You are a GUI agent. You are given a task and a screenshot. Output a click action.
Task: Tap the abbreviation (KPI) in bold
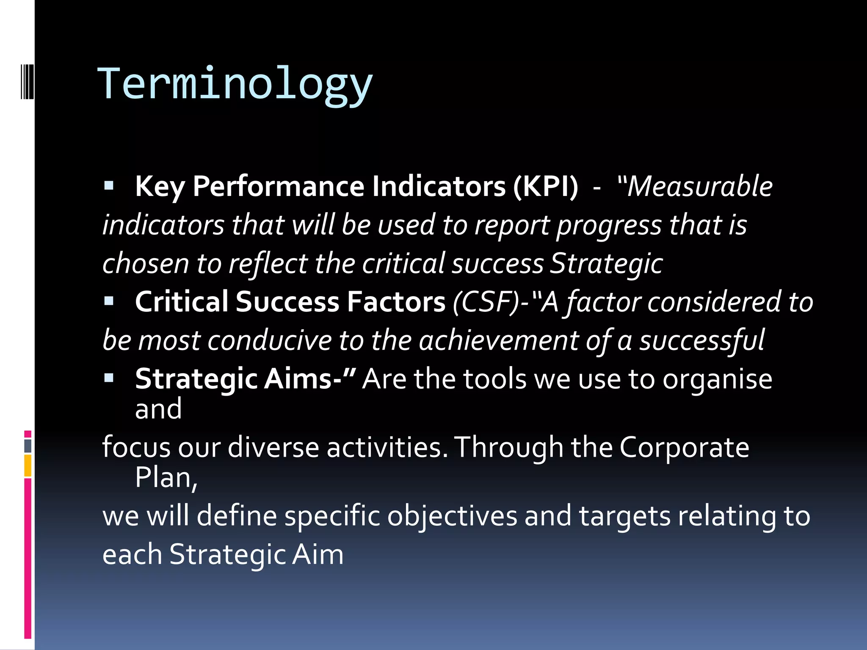(x=545, y=186)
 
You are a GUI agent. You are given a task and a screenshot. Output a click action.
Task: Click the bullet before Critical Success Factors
(x=109, y=300)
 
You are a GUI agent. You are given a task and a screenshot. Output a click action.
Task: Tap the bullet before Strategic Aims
(x=109, y=377)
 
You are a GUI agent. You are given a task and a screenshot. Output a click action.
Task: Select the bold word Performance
(x=279, y=186)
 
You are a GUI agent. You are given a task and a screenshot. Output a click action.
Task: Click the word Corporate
(x=684, y=447)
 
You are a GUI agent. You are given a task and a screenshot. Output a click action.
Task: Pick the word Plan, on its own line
(x=166, y=478)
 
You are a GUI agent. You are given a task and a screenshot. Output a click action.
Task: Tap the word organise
(x=717, y=379)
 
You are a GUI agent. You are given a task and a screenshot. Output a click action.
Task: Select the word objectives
(x=452, y=516)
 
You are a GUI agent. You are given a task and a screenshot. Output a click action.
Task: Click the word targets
(x=624, y=516)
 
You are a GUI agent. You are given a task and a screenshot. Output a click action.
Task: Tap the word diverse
(x=273, y=447)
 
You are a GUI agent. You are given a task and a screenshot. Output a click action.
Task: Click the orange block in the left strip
(x=28, y=465)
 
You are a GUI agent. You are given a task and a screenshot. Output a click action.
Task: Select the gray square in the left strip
(x=28, y=446)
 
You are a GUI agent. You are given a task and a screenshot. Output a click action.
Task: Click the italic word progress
(x=609, y=225)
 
